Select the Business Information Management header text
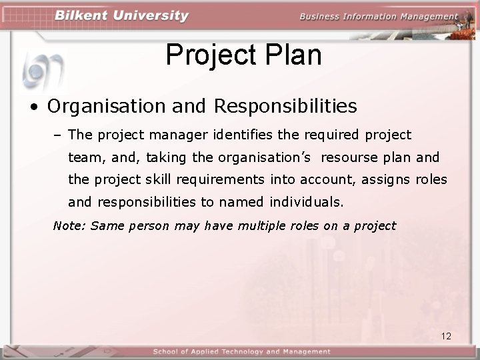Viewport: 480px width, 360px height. [378, 17]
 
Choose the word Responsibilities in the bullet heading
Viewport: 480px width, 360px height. [285, 106]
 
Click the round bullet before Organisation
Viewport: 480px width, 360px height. [32, 107]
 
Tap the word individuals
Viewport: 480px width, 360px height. [306, 201]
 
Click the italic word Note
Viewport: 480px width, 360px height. [69, 226]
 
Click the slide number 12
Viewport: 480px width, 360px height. [446, 336]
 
